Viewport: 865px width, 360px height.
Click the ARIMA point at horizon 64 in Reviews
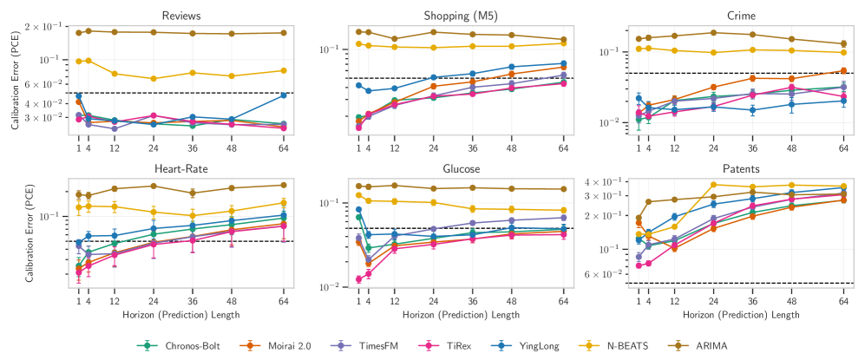tap(284, 33)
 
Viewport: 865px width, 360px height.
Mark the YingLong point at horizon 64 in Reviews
tap(284, 95)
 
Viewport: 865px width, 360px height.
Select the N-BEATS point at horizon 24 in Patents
tap(713, 184)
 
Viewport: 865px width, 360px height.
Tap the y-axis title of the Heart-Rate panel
tap(29, 232)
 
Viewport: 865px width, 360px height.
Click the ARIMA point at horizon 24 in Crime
tap(713, 33)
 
